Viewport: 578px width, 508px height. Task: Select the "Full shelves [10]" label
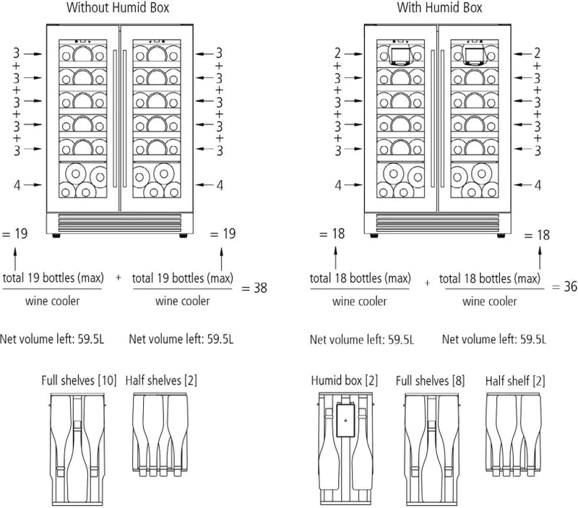point(79,379)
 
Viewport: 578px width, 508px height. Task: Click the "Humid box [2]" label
point(345,379)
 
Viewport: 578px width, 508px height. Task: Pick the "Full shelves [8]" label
point(430,379)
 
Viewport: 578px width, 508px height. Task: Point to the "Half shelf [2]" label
point(516,379)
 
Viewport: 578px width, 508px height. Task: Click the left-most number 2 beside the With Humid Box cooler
point(337,53)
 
